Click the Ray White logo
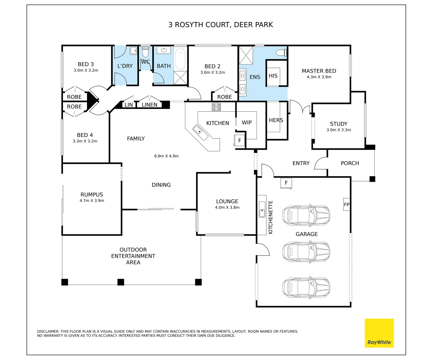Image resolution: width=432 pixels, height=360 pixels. coord(379,333)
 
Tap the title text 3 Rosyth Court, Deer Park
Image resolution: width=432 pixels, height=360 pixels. coord(220,25)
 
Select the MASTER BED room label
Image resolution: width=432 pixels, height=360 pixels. coord(319,71)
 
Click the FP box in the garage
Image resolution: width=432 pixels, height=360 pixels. coord(347,204)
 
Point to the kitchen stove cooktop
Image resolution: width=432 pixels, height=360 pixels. coord(216,107)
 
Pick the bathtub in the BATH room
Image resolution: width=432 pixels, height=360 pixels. coord(180,59)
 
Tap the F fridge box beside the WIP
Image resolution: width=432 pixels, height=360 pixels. coord(239,140)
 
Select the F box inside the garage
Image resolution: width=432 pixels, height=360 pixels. coord(286,183)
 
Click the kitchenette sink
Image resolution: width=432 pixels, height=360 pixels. coord(262,209)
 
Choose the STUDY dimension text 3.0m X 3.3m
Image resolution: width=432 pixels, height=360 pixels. coord(339,130)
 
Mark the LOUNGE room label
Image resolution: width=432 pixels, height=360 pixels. coord(227,201)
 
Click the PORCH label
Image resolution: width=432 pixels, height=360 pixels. coord(350,163)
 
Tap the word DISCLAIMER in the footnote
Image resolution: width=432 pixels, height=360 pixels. coord(48,331)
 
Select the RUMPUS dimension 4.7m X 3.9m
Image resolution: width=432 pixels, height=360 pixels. coord(92,201)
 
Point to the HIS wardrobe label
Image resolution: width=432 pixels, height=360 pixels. coord(273,76)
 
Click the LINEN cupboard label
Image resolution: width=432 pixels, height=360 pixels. coord(149,105)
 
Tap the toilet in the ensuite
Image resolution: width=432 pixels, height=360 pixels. coord(282,52)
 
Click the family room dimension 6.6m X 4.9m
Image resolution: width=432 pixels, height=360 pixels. coord(166,156)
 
